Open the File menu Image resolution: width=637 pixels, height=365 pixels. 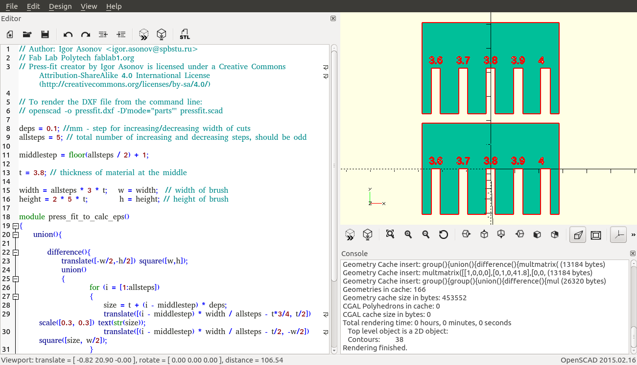tap(12, 6)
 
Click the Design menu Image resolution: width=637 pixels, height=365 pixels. tap(60, 6)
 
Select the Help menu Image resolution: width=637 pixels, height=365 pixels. tap(114, 6)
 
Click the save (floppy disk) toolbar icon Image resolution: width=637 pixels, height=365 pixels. tap(45, 34)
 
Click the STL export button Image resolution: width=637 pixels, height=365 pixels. tap(185, 34)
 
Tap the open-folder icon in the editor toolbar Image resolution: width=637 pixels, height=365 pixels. tap(27, 34)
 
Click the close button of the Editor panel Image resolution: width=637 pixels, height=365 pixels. tap(333, 19)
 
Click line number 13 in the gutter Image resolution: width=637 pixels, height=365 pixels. tap(6, 173)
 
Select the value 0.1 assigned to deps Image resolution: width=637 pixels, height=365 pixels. tap(52, 129)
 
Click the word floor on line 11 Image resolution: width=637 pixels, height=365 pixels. tap(77, 155)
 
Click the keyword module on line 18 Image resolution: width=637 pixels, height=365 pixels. tap(32, 217)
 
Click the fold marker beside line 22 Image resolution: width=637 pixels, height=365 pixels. tap(16, 253)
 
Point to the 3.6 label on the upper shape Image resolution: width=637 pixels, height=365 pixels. tap(436, 60)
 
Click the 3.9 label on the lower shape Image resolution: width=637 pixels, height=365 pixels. tap(518, 161)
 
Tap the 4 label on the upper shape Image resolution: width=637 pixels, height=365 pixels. tap(541, 60)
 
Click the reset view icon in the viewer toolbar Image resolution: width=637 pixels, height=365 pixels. tap(443, 235)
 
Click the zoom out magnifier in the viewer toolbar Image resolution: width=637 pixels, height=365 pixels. tap(425, 235)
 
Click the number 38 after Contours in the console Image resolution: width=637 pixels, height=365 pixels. tap(399, 339)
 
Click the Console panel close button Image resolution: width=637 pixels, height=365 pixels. tap(633, 253)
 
